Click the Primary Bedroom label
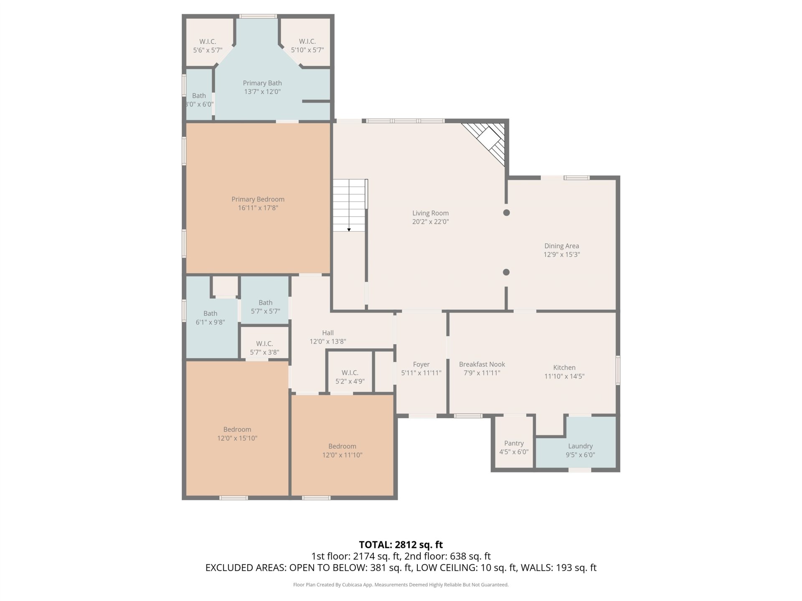258,199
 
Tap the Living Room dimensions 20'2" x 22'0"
430,222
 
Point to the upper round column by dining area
506,212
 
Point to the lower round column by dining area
506,272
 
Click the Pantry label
514,443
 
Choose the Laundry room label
580,446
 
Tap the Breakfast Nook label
482,364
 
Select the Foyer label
421,364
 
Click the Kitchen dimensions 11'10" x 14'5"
564,376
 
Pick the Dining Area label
561,246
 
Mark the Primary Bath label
262,83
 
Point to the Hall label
328,333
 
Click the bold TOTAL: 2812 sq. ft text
401,545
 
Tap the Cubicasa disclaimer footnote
401,585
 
